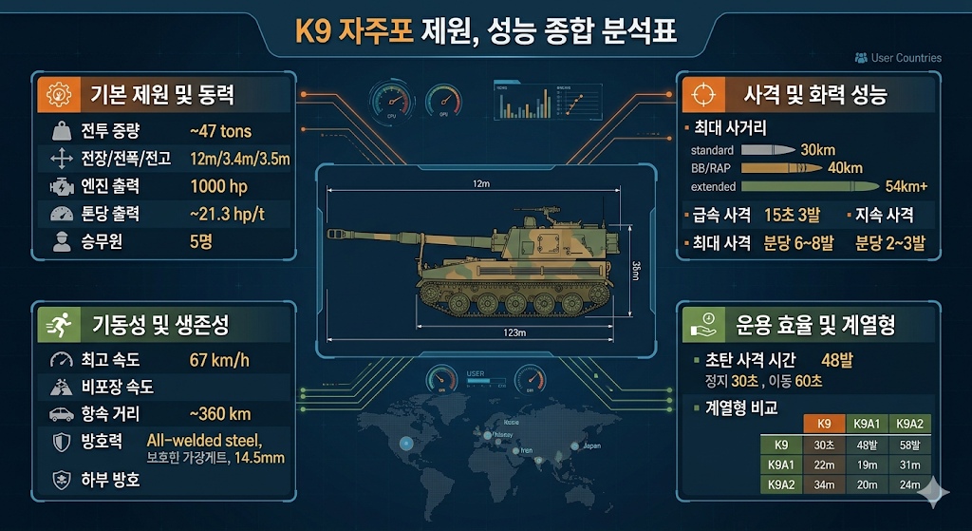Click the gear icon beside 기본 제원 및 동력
click(x=59, y=94)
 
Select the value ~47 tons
click(x=220, y=131)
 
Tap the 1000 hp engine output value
click(x=219, y=185)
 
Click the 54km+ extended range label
click(x=906, y=185)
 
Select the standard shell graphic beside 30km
click(x=767, y=150)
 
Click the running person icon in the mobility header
click(x=59, y=325)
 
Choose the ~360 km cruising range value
click(x=220, y=414)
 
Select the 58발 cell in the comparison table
click(x=909, y=445)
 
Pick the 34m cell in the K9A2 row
click(x=823, y=485)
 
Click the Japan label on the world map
click(x=590, y=446)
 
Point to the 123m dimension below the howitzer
click(x=515, y=333)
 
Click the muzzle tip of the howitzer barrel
click(x=331, y=231)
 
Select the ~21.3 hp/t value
click(x=226, y=214)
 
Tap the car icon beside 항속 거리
click(x=62, y=414)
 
